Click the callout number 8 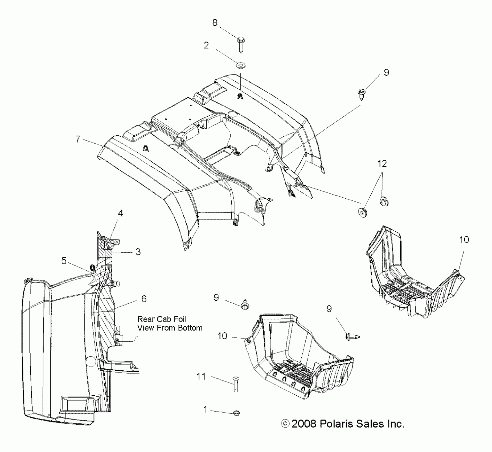click(215, 23)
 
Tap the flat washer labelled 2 click(241, 65)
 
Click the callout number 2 click(206, 45)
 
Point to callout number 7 click(78, 139)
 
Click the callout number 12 click(382, 164)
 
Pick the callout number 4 click(121, 213)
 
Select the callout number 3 click(138, 252)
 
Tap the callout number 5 click(64, 261)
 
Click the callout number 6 click(144, 299)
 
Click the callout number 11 click(201, 376)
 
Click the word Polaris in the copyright click(336, 424)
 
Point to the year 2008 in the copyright click(304, 424)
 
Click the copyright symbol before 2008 click(285, 424)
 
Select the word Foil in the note click(179, 319)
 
